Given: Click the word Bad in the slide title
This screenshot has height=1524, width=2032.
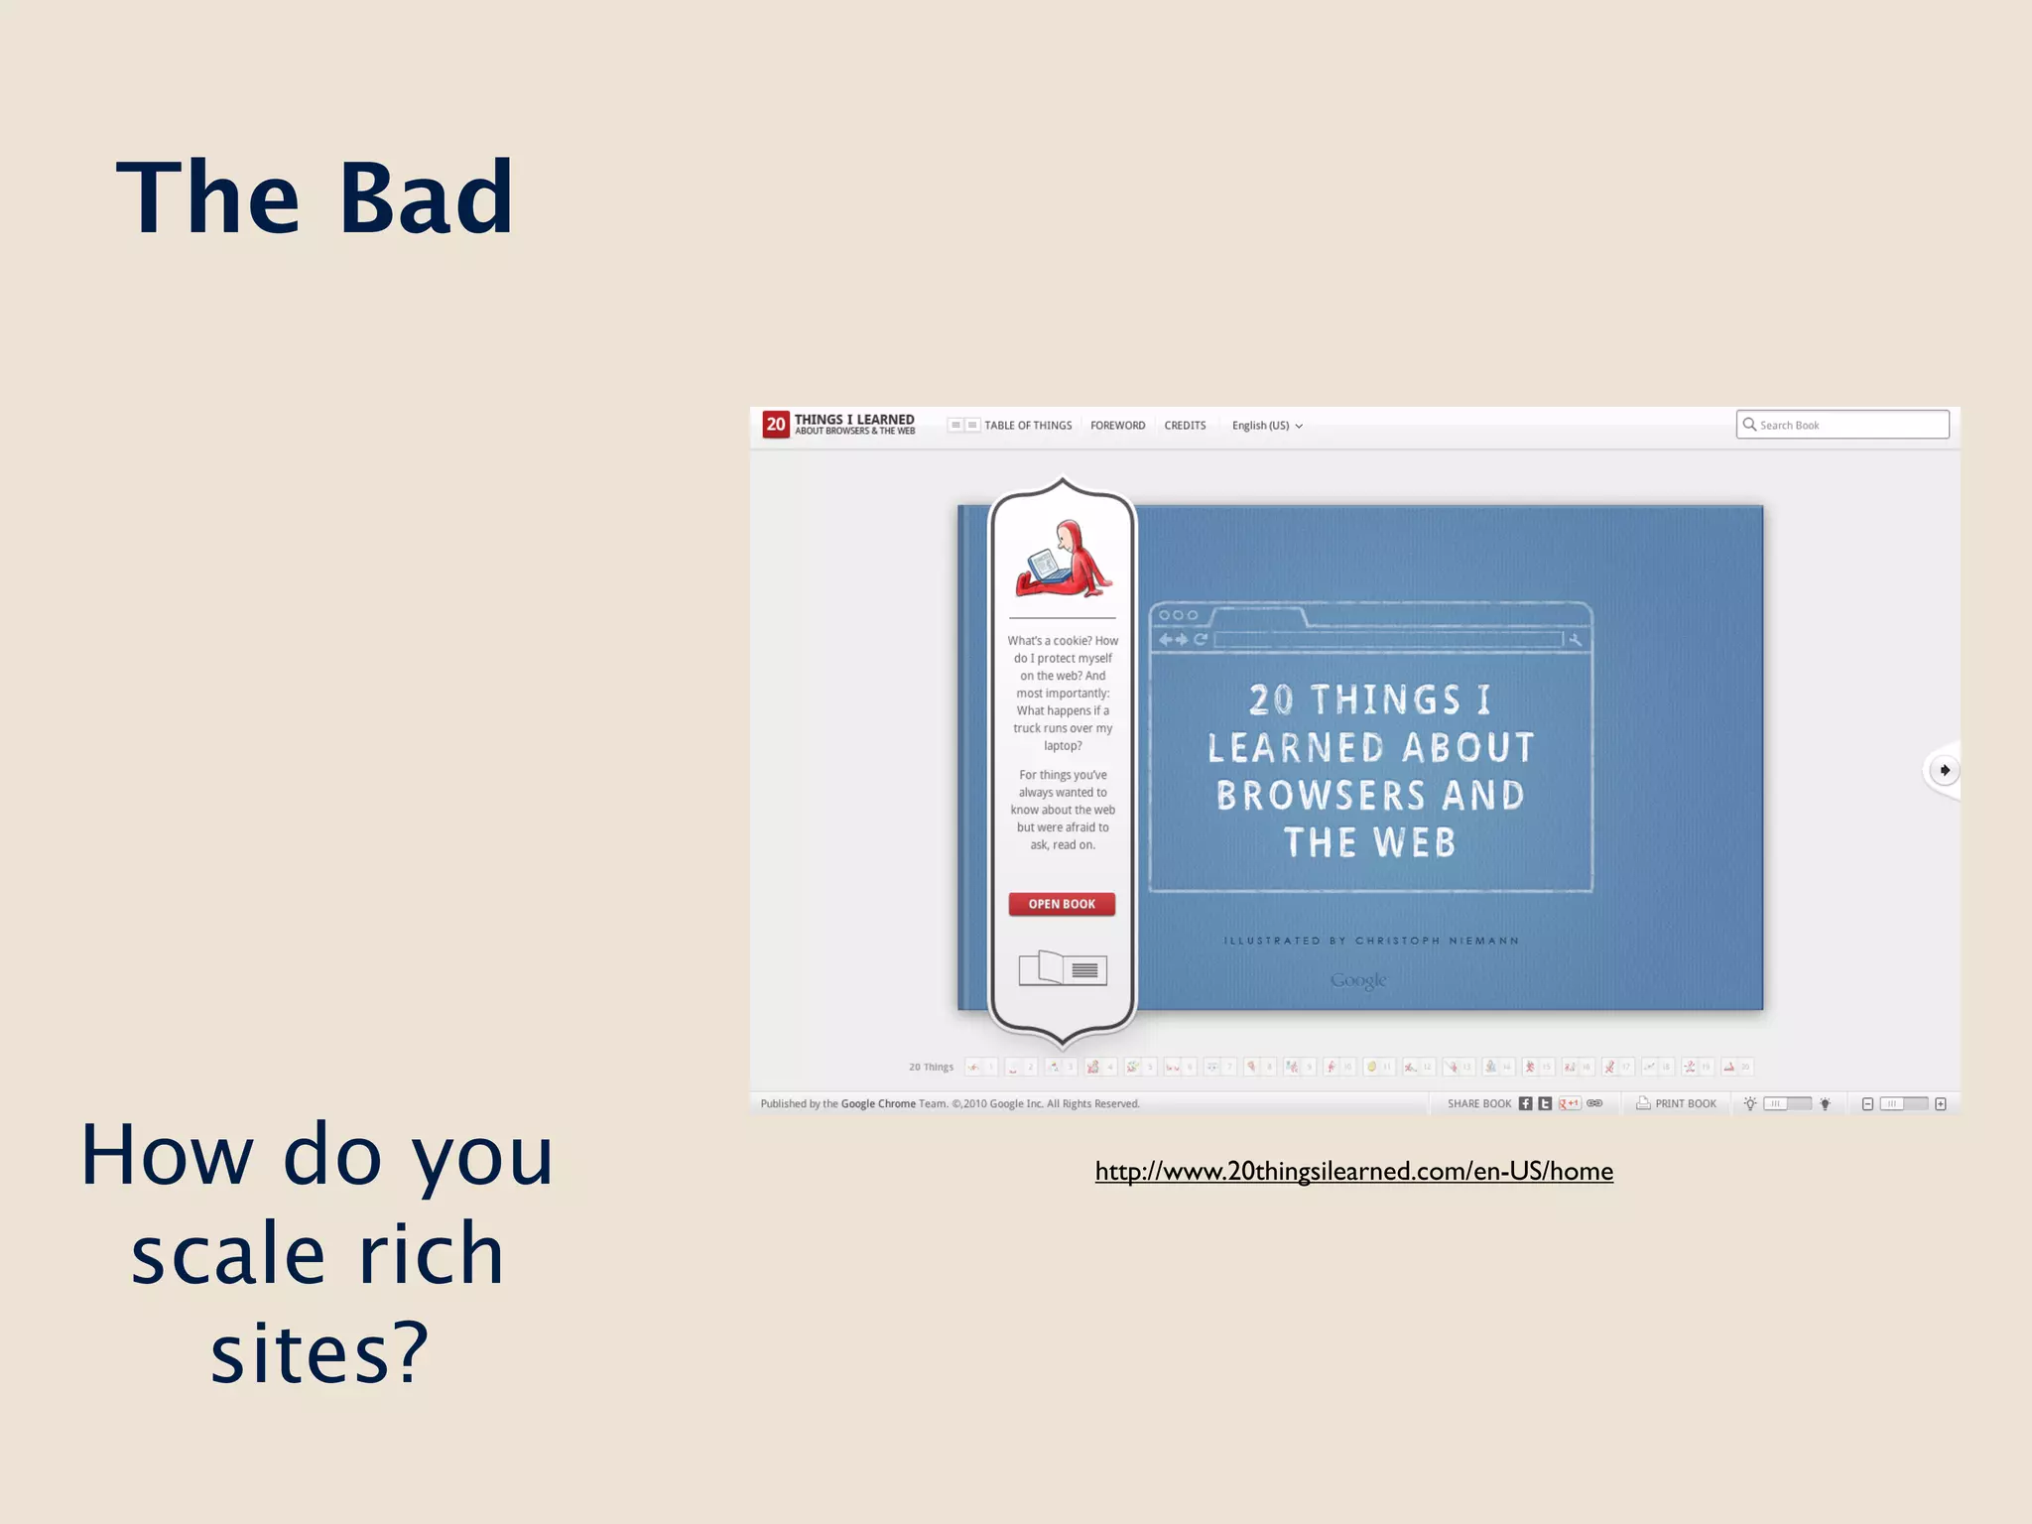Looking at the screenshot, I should (427, 198).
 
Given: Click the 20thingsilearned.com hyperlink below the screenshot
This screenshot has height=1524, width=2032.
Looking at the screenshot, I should (1353, 1171).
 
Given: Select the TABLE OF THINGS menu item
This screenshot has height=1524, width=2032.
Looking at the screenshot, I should (1027, 426).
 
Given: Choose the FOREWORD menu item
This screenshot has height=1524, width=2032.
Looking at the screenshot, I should (1117, 426).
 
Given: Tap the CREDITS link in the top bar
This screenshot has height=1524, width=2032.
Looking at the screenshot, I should (1185, 426).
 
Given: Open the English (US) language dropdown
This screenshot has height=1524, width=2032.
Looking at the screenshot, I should (1266, 426).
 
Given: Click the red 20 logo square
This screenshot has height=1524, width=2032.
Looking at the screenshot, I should (776, 425).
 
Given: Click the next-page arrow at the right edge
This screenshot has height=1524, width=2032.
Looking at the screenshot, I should (1944, 770).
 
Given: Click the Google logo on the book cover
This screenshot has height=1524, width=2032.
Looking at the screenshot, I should (1357, 980).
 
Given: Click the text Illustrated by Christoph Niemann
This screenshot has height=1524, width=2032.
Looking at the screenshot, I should (1370, 941).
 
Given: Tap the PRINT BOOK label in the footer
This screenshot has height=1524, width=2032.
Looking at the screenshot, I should (1684, 1103).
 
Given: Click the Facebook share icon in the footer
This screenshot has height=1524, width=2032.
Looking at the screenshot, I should (1525, 1103).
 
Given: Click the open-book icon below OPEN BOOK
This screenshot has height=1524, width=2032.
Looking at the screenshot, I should (1063, 967).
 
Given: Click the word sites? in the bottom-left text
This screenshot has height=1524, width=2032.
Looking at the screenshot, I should (319, 1353).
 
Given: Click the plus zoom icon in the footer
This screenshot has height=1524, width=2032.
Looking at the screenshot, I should (1941, 1103).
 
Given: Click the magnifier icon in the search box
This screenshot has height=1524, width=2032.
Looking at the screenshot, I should (1749, 425).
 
